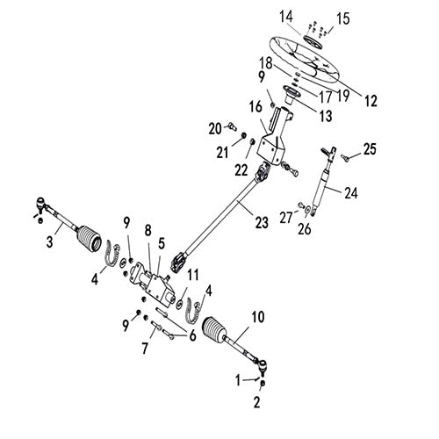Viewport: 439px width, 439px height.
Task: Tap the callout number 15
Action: tap(342, 18)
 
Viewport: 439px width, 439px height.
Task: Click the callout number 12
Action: tap(371, 102)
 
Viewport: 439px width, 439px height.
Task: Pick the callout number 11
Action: tap(193, 275)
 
